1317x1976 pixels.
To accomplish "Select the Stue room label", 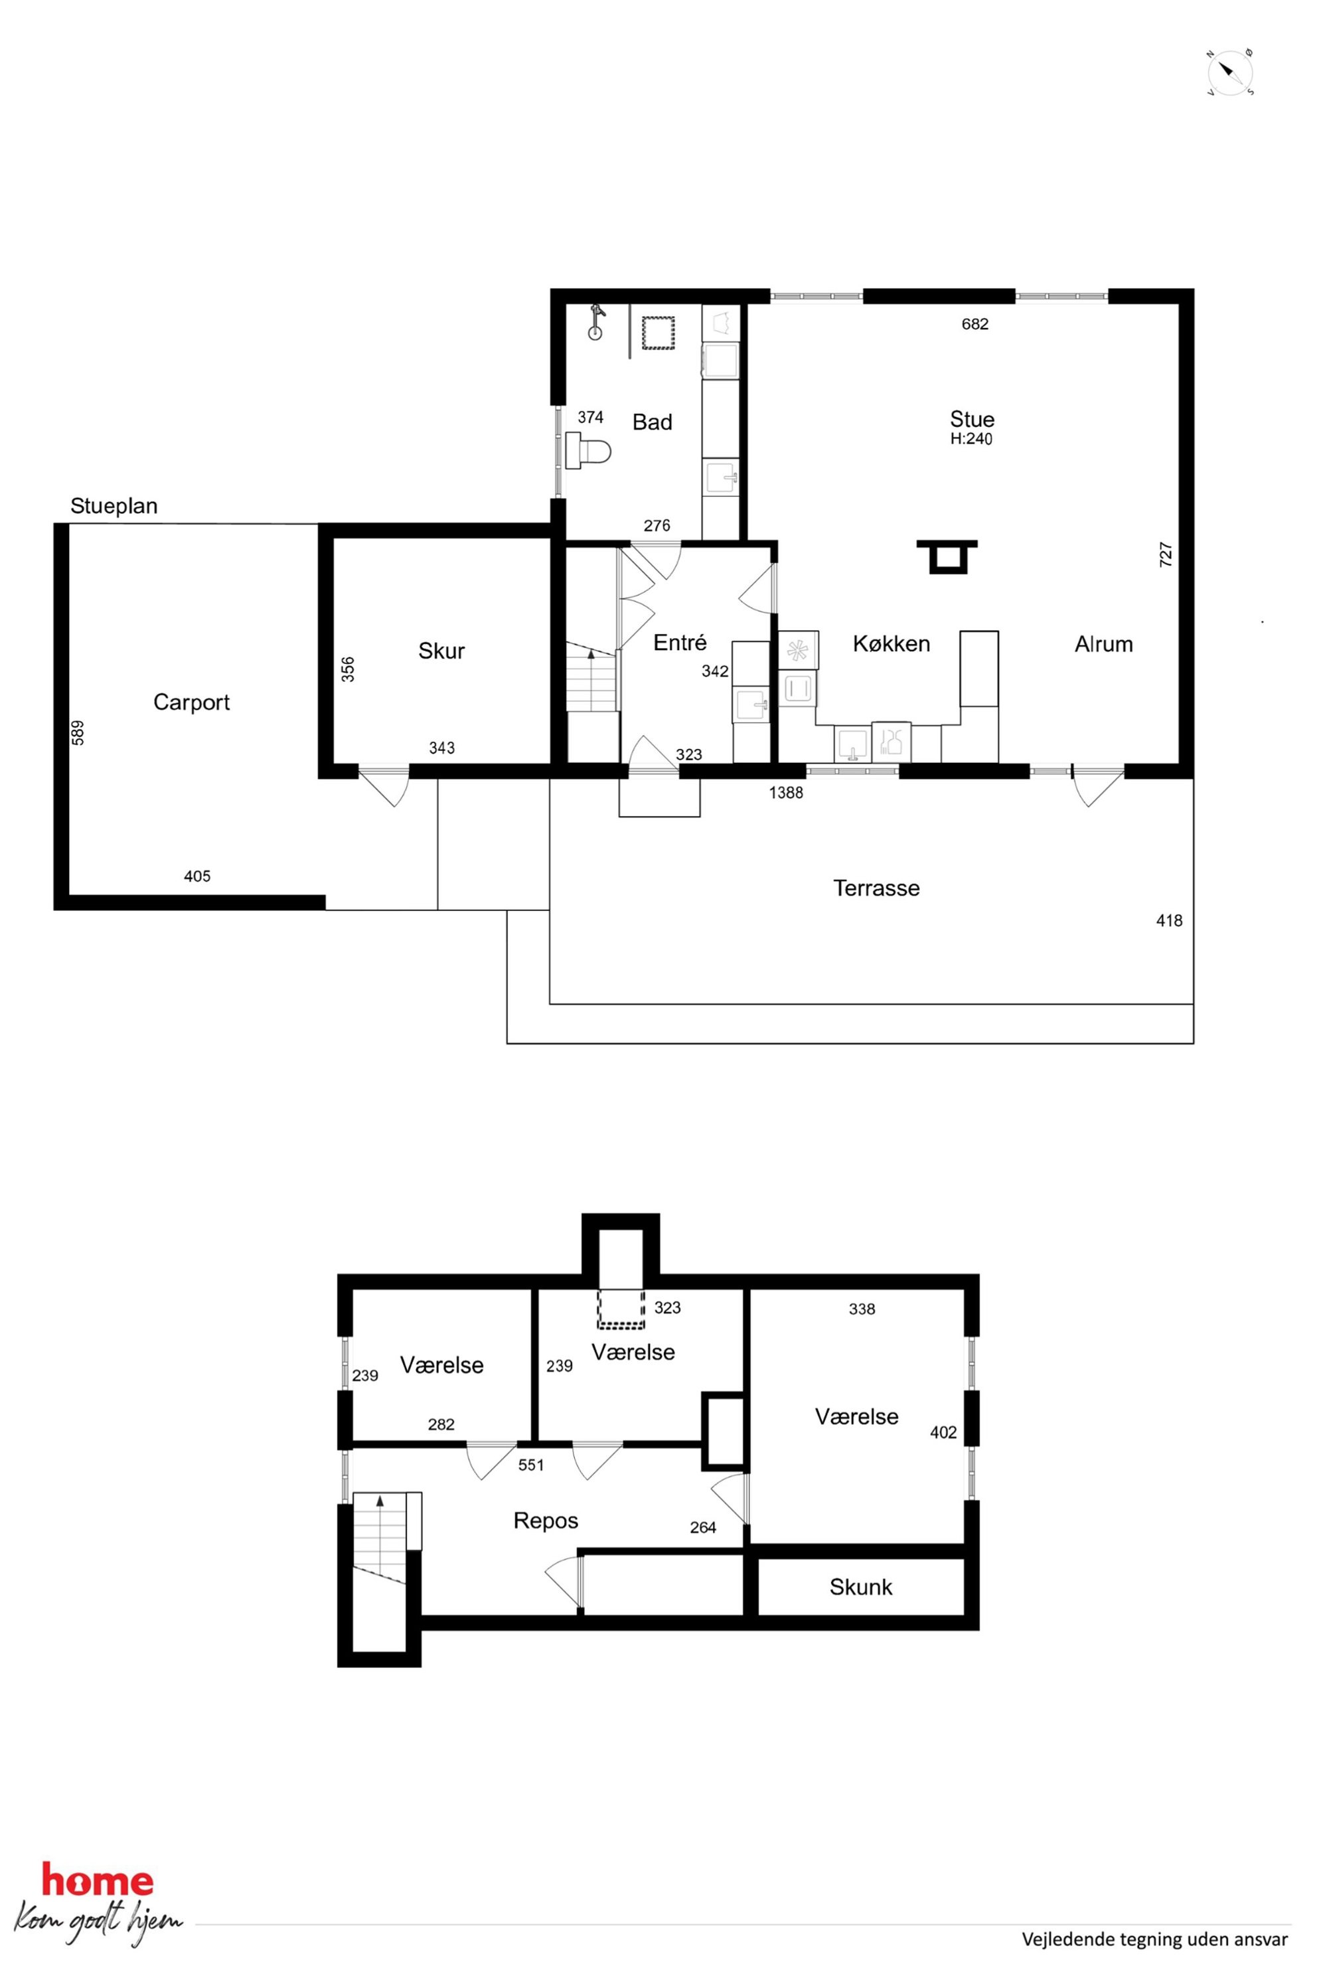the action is pos(972,419).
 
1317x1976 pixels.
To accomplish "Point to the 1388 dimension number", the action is pos(785,792).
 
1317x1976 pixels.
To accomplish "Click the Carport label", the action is pos(191,702).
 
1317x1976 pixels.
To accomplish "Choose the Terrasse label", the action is pos(876,888).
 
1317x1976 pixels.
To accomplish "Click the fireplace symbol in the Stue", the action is pos(947,556).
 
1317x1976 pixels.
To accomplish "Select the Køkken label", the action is pos(891,643).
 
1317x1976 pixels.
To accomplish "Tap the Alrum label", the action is pos(1104,644).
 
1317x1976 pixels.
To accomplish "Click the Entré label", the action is pos(680,643).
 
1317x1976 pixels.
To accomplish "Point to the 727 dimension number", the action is pos(1166,554).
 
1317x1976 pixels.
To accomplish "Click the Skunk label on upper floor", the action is pos(861,1587).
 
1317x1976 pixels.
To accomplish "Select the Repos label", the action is pos(546,1521).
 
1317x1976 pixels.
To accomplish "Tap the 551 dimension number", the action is pos(531,1465).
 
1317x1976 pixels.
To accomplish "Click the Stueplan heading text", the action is pos(114,506).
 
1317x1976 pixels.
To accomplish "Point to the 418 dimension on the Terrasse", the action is pos(1169,921).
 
